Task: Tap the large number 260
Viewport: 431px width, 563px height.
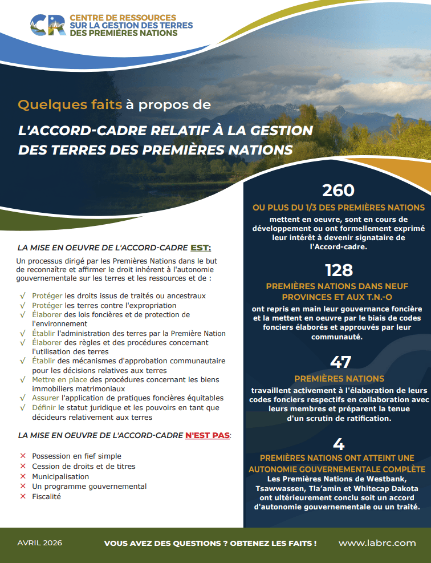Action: tap(338, 191)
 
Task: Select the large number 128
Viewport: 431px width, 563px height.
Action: tap(339, 269)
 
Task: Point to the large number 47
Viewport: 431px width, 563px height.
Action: tap(340, 362)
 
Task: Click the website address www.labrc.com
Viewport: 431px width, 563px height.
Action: tap(377, 543)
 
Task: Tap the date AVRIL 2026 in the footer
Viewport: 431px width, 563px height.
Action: tap(40, 543)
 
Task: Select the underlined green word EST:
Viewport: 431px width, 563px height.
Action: tap(201, 248)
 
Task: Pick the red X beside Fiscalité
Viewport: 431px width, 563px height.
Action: tap(23, 497)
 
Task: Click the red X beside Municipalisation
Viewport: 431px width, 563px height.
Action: tap(23, 476)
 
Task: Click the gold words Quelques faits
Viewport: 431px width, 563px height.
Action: tap(70, 105)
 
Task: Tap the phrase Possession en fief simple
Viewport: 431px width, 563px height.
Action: tap(76, 456)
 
